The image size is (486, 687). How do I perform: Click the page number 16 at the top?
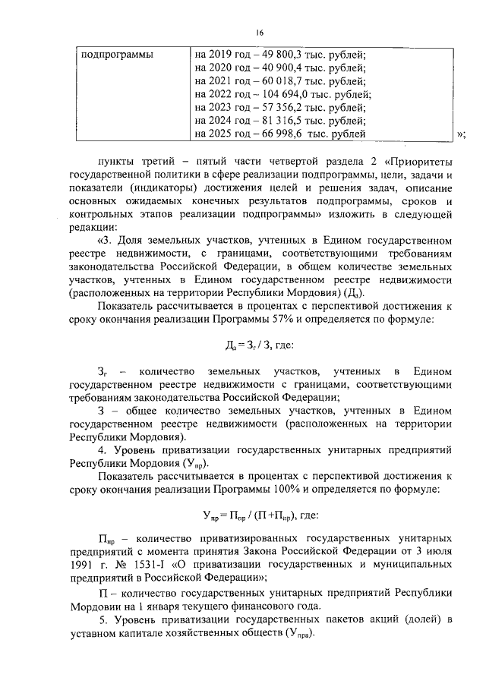[x=259, y=33]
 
